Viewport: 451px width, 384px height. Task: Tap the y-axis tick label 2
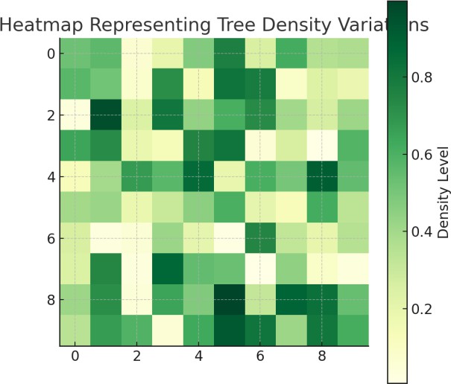[x=49, y=117]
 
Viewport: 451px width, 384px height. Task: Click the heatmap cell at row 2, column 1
[x=107, y=117]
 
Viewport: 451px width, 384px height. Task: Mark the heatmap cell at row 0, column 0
[x=75, y=54]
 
